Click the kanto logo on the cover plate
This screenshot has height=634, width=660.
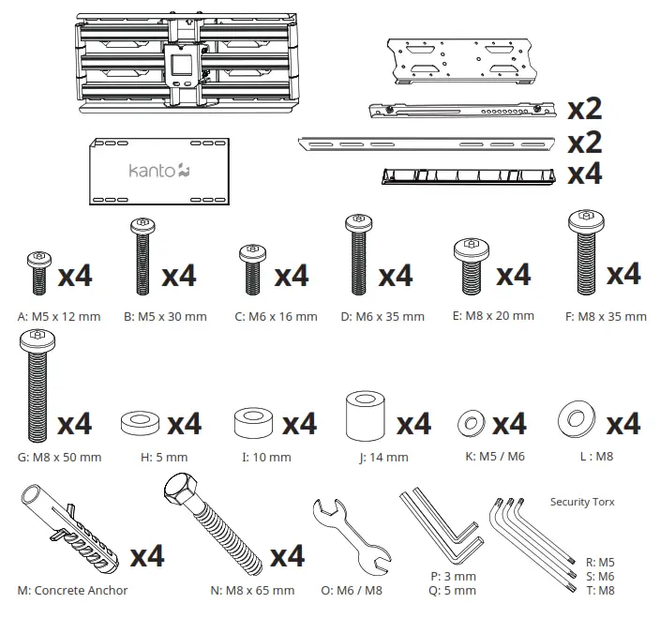159,171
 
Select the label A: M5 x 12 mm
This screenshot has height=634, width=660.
58,316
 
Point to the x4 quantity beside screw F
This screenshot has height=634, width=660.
623,274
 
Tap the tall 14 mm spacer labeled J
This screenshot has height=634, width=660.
367,415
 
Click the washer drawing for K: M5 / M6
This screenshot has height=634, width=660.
471,424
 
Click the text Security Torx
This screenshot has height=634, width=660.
582,502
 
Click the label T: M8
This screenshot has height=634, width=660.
600,590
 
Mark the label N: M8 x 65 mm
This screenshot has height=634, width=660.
253,591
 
